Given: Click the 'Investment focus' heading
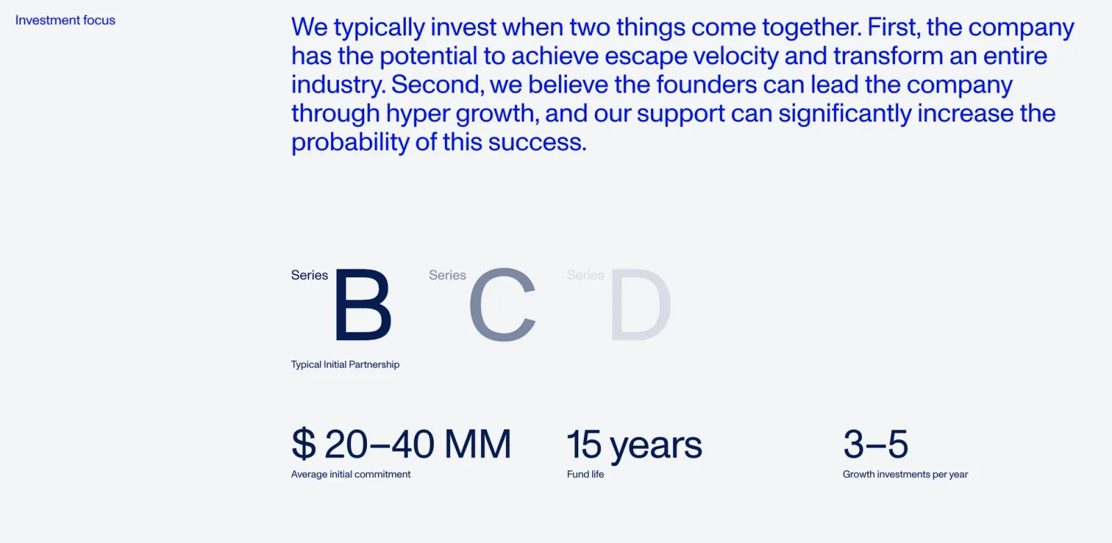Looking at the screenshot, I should [65, 21].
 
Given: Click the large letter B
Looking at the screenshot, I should [363, 306].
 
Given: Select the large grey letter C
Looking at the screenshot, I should [502, 306].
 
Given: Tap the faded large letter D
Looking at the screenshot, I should [640, 306].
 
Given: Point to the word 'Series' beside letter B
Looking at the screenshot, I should [309, 276].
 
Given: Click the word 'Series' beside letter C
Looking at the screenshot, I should [447, 276].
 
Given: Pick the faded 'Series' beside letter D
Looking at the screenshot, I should [585, 276].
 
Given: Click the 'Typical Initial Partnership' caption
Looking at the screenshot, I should [345, 365].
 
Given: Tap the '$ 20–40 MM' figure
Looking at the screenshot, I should [401, 444].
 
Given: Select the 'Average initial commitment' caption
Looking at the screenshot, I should [350, 474].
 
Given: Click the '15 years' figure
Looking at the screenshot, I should [634, 444].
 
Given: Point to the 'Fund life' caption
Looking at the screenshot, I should [585, 474].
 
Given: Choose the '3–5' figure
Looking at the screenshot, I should [875, 444].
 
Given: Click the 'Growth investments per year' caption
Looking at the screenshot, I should [905, 474].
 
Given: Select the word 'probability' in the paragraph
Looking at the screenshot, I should [350, 142].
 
